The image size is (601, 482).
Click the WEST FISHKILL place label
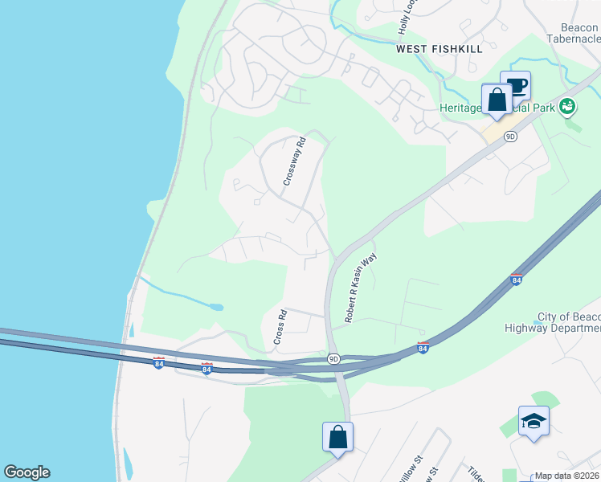point(440,49)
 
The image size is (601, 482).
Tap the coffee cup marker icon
point(515,84)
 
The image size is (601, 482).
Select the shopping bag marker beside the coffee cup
point(497,100)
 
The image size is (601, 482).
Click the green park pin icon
point(567,105)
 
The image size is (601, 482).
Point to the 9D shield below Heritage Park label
point(510,137)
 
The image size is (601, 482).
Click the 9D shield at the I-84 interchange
point(333,358)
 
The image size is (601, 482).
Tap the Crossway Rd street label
point(295,164)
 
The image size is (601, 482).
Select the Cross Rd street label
point(280,328)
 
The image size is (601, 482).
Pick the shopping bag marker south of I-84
point(337,438)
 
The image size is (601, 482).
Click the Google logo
point(27,472)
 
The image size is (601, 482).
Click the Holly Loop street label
point(407,18)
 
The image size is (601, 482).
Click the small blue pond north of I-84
point(215,306)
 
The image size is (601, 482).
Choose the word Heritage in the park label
point(462,108)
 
